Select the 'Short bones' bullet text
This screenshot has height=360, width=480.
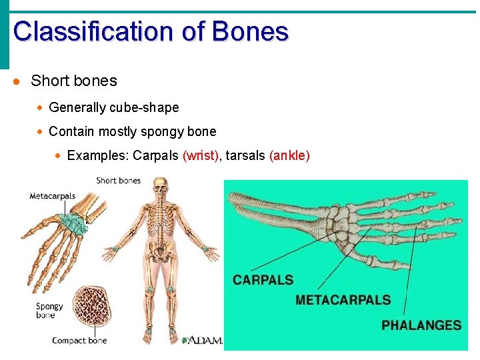tap(73, 81)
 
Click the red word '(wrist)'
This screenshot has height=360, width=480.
tap(201, 156)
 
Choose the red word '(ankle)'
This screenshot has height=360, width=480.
tap(289, 156)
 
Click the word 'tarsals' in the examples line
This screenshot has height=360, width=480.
tap(245, 156)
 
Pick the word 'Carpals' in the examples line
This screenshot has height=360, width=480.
tap(155, 156)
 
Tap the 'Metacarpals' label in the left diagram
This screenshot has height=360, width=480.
tap(53, 196)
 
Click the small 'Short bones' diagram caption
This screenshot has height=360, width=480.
tap(119, 181)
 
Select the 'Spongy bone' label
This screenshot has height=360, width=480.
tap(49, 311)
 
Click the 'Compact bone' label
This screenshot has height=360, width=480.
tap(79, 341)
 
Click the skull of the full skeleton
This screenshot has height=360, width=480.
tap(160, 187)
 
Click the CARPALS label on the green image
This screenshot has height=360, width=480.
tap(263, 280)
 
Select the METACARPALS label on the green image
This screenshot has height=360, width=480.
tap(343, 300)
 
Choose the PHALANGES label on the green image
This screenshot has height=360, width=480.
tap(421, 325)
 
